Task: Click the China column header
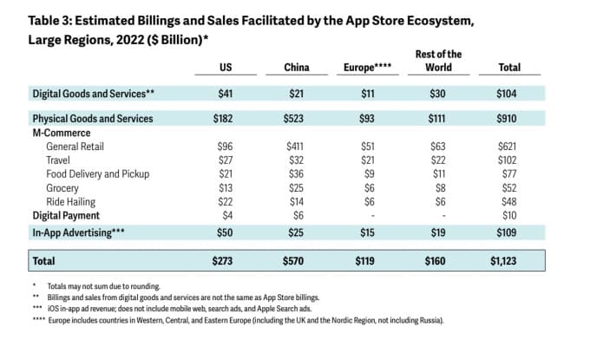pyautogui.click(x=297, y=68)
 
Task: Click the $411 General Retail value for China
pyautogui.click(x=297, y=147)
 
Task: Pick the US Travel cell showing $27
pyautogui.click(x=224, y=160)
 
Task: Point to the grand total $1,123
pyautogui.click(x=509, y=259)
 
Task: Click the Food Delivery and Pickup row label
pyautogui.click(x=97, y=173)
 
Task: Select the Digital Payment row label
pyautogui.click(x=66, y=214)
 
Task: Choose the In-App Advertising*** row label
pyautogui.click(x=75, y=232)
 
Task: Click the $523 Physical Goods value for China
pyautogui.click(x=297, y=118)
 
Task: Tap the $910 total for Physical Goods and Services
pyautogui.click(x=509, y=118)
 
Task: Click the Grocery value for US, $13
pyautogui.click(x=224, y=187)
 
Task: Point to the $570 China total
pyautogui.click(x=297, y=259)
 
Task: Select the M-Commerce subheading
pyautogui.click(x=62, y=133)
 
